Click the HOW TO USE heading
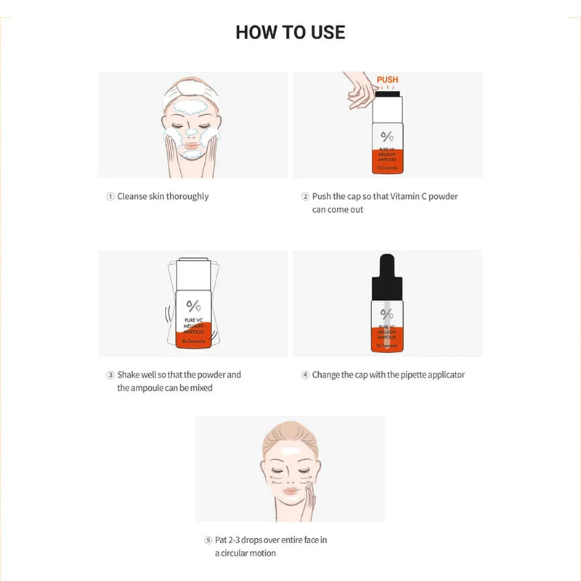pyautogui.click(x=290, y=32)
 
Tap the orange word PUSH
pyautogui.click(x=387, y=79)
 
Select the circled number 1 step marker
pyautogui.click(x=110, y=197)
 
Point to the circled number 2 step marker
pyautogui.click(x=305, y=197)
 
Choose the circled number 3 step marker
pyautogui.click(x=110, y=375)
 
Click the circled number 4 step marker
pyautogui.click(x=305, y=375)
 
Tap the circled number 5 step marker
pyautogui.click(x=208, y=540)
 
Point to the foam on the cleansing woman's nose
pyautogui.click(x=192, y=134)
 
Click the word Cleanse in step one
pyautogui.click(x=132, y=197)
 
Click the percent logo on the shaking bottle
pyautogui.click(x=193, y=304)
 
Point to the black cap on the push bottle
pyautogui.click(x=387, y=93)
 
